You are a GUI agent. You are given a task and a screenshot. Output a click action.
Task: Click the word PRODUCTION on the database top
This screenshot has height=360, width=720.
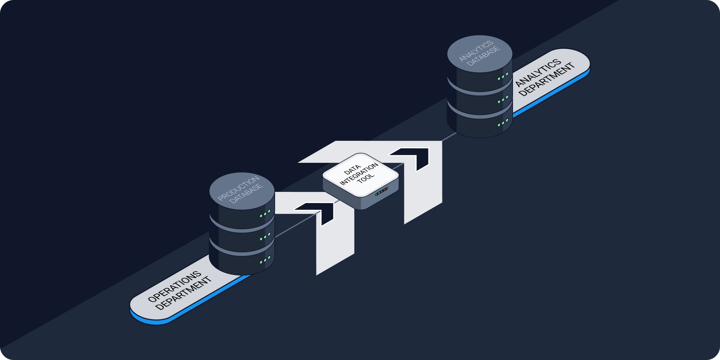pos(238,188)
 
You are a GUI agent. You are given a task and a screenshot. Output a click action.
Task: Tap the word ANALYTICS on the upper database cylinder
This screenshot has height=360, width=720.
pos(476,50)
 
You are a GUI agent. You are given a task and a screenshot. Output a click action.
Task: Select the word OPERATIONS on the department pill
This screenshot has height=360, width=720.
pos(175,287)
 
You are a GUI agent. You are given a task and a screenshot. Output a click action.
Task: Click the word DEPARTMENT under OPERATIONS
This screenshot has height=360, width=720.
pos(184,293)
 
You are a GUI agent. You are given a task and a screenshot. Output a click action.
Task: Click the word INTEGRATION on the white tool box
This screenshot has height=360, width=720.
pos(359,174)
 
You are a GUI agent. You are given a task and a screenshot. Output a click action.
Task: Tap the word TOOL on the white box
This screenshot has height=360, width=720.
pos(366,178)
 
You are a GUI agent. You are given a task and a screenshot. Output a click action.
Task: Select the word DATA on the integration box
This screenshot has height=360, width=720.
pos(352,169)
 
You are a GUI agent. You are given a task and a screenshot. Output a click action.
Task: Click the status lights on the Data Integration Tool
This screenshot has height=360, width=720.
pos(382,192)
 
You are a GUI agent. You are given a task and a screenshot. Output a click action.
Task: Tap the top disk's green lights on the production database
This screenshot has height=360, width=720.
pos(265,214)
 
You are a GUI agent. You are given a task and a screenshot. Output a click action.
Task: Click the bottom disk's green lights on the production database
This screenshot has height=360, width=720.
pos(265,260)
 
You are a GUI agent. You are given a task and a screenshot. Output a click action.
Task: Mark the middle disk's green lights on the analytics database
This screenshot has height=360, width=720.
pos(503,99)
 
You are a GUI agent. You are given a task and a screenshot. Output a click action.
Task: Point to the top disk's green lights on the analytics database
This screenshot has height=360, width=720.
pos(503,76)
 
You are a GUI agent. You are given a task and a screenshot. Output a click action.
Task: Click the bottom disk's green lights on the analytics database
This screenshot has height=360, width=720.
pos(503,123)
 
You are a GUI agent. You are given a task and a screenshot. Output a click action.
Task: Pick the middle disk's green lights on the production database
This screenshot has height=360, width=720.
pos(265,237)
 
